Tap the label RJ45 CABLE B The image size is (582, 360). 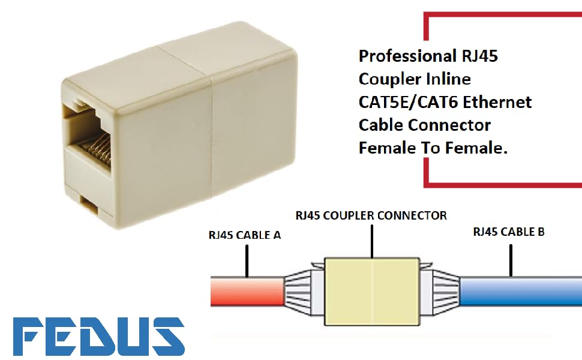tap(509, 232)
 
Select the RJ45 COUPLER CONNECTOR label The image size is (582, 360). tap(371, 215)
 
